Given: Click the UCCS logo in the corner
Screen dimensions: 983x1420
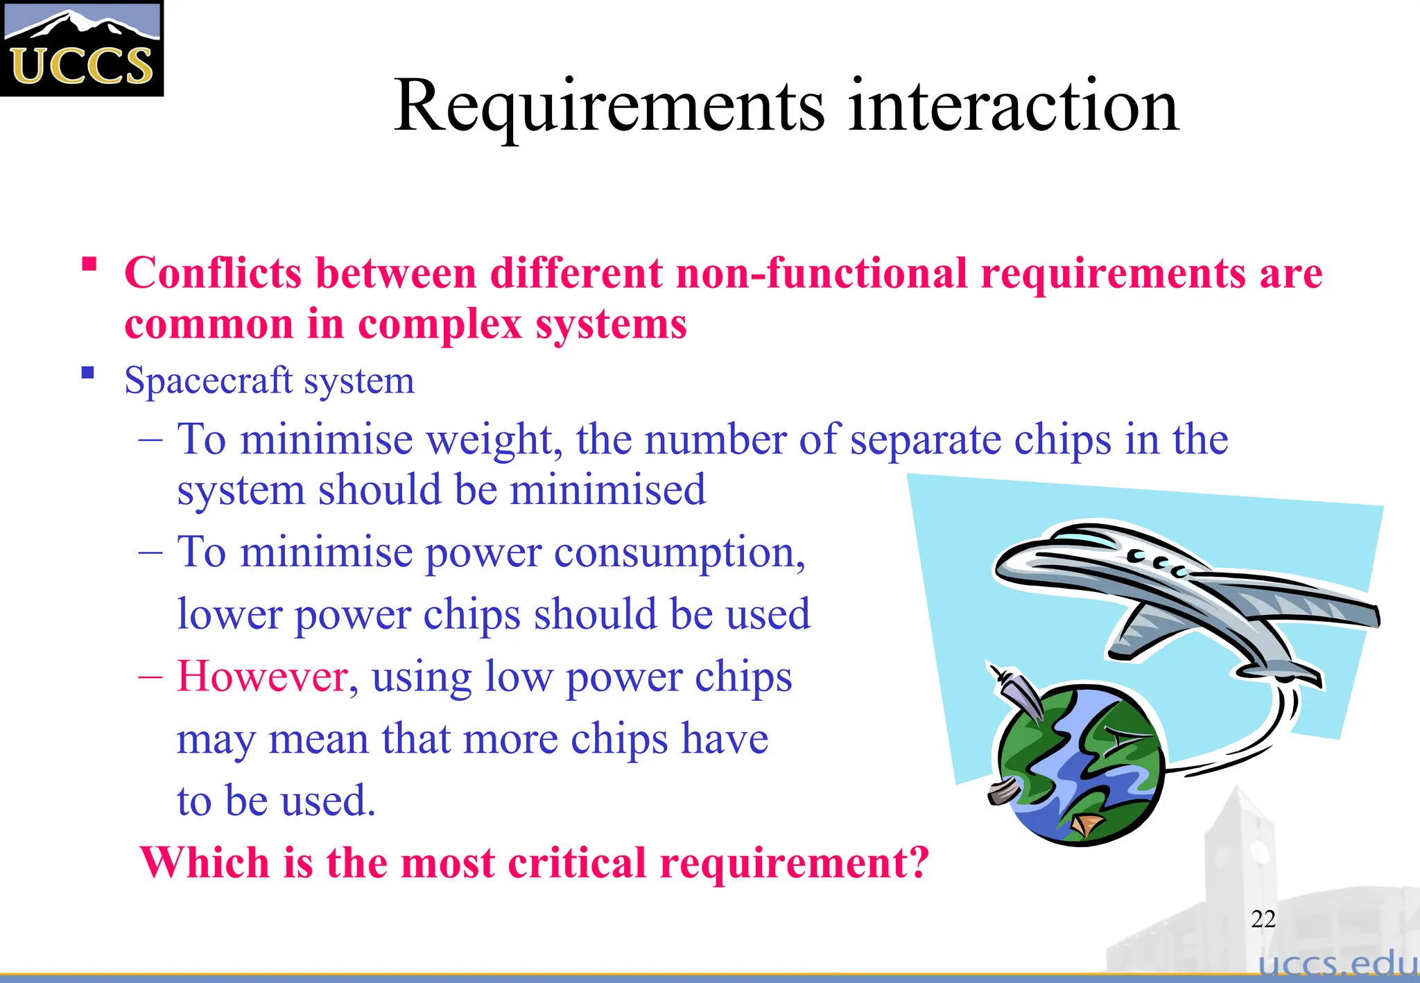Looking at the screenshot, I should click(82, 49).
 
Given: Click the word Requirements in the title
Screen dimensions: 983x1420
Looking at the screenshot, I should click(609, 106).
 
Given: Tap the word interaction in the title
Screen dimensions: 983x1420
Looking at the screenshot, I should click(1013, 106).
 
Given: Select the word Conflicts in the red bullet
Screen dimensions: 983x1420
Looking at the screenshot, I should click(213, 272).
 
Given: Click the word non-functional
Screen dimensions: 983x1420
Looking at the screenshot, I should click(822, 272).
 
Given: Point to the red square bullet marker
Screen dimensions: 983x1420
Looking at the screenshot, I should click(89, 264).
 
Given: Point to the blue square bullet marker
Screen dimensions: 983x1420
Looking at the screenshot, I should click(87, 374).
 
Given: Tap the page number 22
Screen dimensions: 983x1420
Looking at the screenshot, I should click(1263, 919).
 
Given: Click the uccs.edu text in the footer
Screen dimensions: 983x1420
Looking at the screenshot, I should click(1337, 964).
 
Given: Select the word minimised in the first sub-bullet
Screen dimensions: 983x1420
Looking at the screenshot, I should click(607, 490).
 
